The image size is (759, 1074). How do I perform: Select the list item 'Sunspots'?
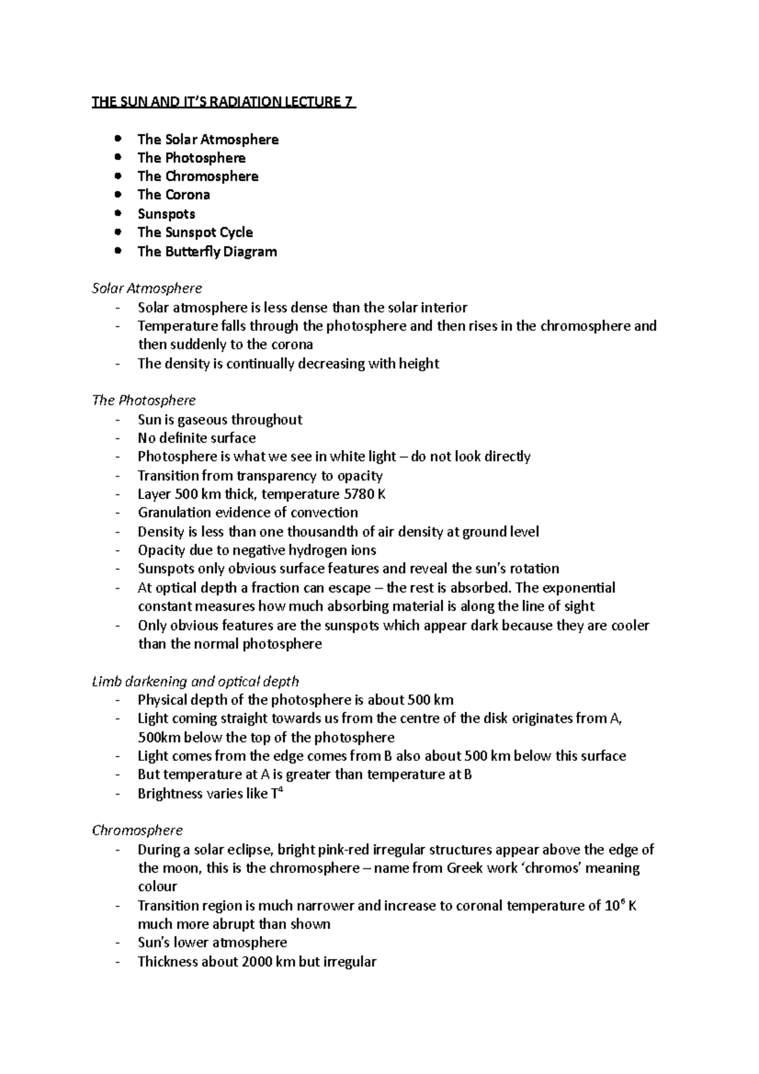pos(166,214)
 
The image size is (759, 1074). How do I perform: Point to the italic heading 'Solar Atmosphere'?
pos(147,288)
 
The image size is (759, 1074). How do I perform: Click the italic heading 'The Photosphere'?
pos(144,400)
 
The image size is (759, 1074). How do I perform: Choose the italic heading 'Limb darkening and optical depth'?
pos(195,681)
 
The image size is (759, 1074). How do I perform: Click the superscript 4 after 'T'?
pos(280,790)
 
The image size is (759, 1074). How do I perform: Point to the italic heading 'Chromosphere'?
pos(137,830)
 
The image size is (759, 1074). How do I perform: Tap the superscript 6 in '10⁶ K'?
pos(624,901)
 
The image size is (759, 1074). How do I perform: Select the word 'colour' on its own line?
pos(157,886)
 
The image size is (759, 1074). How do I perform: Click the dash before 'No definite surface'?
pos(118,438)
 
